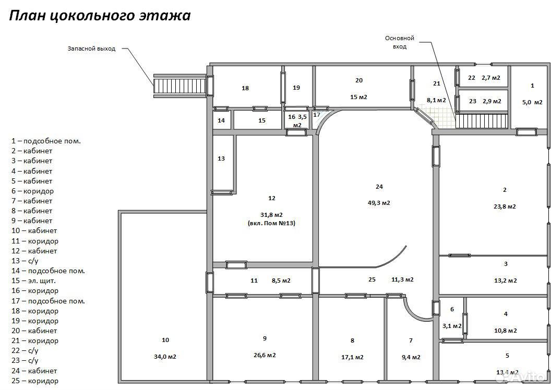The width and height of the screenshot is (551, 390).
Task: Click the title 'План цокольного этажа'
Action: [100, 16]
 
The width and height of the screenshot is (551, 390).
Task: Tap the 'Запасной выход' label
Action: [91, 48]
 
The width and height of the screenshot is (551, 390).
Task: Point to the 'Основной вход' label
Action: [400, 42]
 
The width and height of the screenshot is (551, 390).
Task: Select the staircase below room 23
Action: [482, 121]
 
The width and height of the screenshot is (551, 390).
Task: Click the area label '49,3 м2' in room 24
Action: [379, 203]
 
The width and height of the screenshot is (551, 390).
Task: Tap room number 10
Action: [165, 340]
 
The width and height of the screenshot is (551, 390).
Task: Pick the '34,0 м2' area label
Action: [165, 357]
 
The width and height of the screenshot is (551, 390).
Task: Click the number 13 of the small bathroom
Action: [221, 159]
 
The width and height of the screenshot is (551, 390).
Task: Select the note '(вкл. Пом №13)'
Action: [271, 223]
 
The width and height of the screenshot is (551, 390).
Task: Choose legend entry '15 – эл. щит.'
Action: [34, 281]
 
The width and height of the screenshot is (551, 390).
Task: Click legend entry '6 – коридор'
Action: [33, 191]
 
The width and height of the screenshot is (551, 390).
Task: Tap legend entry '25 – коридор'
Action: [35, 381]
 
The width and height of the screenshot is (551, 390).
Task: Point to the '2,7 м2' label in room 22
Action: [491, 78]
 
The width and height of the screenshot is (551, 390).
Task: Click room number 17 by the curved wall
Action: [317, 115]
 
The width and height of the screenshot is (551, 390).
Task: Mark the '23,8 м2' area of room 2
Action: [505, 206]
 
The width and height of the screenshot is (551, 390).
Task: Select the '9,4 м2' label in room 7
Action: [411, 357]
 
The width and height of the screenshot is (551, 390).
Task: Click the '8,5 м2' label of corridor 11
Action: [281, 281]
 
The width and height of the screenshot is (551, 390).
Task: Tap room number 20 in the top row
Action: [359, 80]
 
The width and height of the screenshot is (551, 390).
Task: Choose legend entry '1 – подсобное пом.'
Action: [46, 141]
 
